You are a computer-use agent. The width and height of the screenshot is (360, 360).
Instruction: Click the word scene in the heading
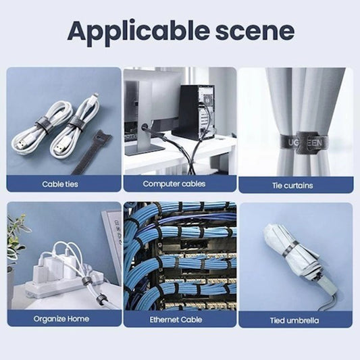click(254, 30)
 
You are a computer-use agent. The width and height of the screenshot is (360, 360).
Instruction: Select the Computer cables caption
click(179, 184)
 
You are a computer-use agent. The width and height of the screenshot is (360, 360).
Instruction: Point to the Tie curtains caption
click(294, 184)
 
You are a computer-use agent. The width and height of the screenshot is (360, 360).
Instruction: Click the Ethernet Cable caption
click(179, 318)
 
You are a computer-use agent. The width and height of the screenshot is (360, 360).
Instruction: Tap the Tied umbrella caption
click(294, 318)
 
